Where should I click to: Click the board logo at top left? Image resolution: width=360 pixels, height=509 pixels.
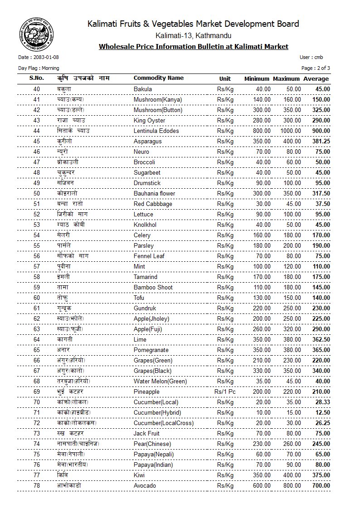[33, 33]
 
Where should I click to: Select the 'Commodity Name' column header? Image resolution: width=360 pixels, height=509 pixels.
[158, 78]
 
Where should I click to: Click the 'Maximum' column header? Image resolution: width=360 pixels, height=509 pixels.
[287, 79]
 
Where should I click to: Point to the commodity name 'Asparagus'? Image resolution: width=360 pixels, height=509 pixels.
[147, 142]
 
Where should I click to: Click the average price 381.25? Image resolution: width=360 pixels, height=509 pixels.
[321, 142]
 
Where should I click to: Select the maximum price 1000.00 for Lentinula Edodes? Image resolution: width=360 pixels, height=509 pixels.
[290, 131]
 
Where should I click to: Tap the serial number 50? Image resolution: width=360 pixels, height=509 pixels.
[37, 194]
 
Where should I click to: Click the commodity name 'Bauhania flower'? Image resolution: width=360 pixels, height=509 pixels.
[154, 194]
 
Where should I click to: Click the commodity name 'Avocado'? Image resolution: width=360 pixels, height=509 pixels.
[145, 486]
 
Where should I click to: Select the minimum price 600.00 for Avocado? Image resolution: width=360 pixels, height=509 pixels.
[262, 486]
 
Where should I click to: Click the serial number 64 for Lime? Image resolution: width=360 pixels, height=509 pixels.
[37, 340]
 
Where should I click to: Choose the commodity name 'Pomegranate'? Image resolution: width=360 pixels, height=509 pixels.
[151, 350]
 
